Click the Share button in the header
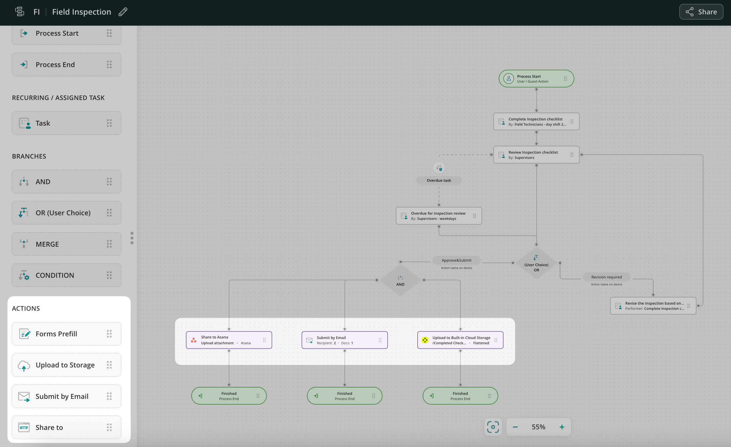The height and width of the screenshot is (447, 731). pos(701,12)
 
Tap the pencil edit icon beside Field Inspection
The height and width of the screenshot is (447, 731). pos(123,12)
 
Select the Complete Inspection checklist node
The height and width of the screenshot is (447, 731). pos(536,122)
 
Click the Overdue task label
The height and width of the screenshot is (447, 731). pos(439,181)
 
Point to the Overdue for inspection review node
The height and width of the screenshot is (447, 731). pos(438,216)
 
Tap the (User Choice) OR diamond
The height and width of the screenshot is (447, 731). pos(536,264)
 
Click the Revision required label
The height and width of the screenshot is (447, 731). pos(606,277)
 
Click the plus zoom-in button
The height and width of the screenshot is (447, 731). pos(562,427)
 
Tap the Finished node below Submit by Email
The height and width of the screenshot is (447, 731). pos(344,396)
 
